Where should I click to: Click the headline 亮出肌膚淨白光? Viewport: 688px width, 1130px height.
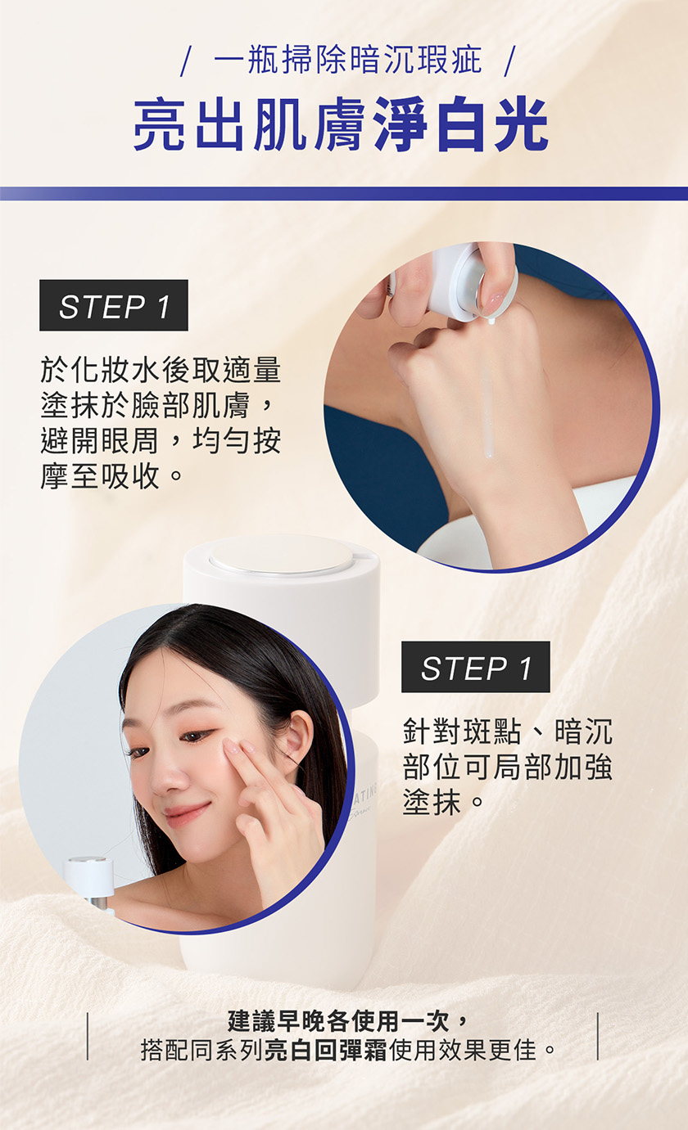(341, 124)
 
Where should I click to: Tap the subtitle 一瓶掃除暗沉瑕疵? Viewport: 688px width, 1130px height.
(348, 61)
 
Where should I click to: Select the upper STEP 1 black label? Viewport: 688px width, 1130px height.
(114, 305)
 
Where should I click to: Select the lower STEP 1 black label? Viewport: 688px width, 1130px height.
(476, 667)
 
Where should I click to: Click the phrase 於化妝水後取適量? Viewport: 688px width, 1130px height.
(161, 370)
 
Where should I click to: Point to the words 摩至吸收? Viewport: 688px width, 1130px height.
(100, 475)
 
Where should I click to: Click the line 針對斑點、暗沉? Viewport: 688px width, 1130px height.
(508, 731)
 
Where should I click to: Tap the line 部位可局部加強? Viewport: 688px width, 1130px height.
(508, 767)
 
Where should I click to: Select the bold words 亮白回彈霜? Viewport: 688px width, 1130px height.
(325, 1051)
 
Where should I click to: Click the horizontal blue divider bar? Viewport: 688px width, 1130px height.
(344, 194)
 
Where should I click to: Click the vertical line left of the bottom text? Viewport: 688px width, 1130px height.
(88, 1036)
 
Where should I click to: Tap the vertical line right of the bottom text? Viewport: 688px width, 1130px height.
(598, 1036)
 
